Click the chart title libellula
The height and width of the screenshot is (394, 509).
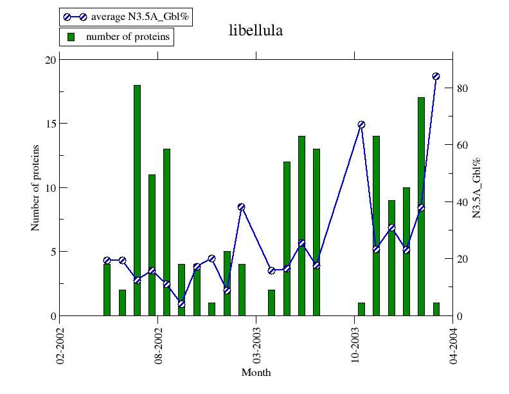(256, 31)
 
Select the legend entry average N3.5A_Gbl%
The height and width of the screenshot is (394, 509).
(126, 17)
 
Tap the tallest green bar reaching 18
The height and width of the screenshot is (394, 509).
(137, 200)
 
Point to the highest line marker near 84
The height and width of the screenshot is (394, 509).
(436, 76)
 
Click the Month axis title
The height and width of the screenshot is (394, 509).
(256, 373)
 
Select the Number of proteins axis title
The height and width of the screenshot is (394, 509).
(35, 187)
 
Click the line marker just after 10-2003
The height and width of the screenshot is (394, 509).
(361, 124)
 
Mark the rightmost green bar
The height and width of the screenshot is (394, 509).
(436, 309)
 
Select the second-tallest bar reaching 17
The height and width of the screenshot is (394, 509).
(421, 207)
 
